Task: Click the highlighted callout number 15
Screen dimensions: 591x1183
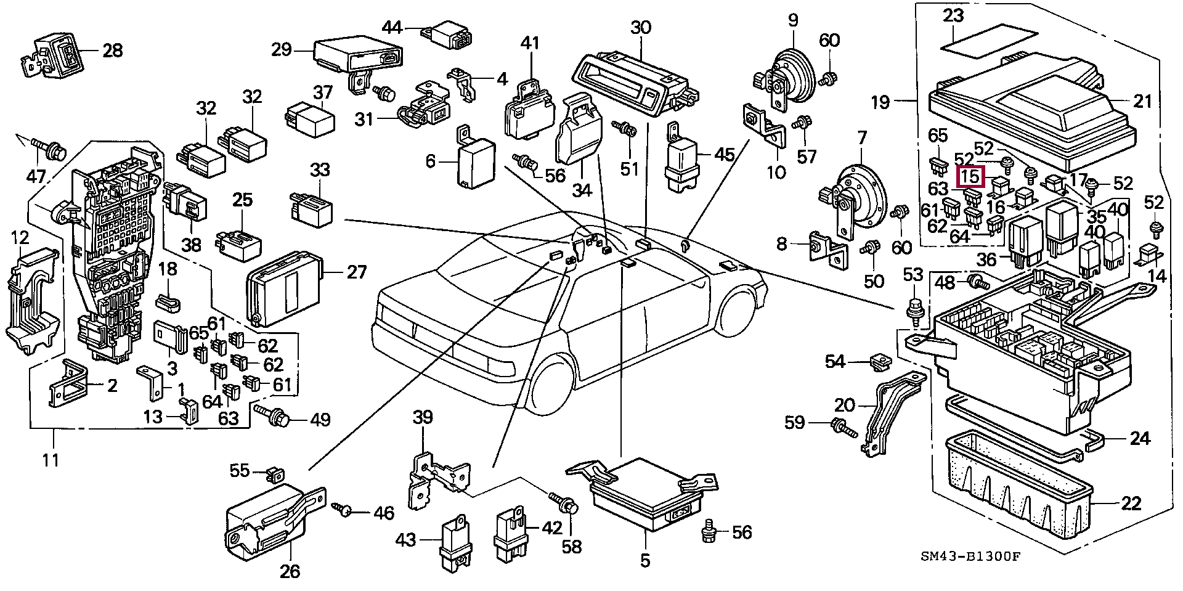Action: (x=970, y=177)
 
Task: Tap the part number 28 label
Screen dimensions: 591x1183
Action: (x=112, y=50)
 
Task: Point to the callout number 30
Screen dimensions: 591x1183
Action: (x=641, y=28)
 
